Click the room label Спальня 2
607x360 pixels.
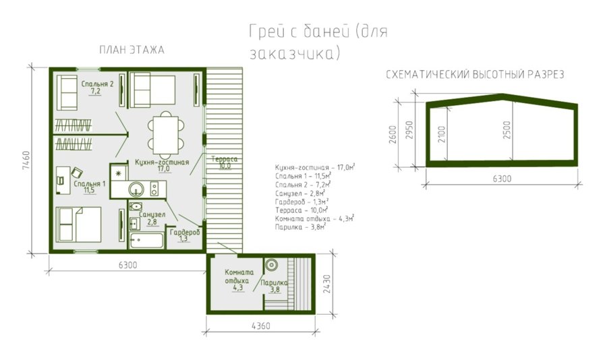click(97, 84)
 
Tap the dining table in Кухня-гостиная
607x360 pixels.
click(165, 135)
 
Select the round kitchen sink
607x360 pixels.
click(136, 189)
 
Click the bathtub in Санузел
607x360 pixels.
click(147, 241)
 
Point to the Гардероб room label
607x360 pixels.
click(185, 233)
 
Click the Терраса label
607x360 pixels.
click(224, 158)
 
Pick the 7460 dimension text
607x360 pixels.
click(26, 160)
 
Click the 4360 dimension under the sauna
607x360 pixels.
click(261, 326)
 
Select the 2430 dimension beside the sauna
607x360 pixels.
click(327, 284)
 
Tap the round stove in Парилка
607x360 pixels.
click(272, 265)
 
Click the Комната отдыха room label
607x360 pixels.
click(239, 276)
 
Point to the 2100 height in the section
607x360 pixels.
click(442, 134)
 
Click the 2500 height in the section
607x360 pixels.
click(507, 130)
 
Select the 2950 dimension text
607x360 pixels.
click(409, 129)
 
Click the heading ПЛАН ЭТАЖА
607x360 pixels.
click(132, 50)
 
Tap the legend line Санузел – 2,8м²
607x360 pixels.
click(300, 193)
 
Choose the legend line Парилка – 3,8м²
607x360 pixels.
click(300, 227)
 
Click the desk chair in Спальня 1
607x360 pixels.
click(77, 171)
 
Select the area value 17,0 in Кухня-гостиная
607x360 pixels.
click(163, 169)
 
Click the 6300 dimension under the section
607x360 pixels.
click(502, 179)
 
